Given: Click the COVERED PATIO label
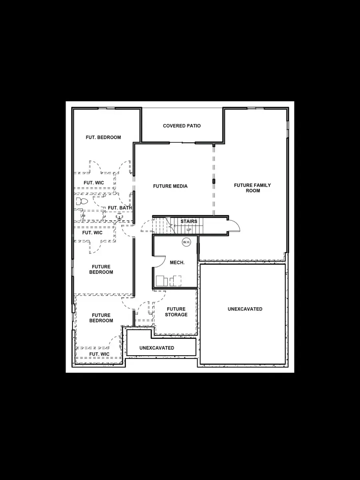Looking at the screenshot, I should click(x=182, y=126).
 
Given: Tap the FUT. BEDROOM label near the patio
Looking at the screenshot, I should click(x=103, y=138).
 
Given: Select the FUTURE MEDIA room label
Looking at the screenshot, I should click(x=170, y=186).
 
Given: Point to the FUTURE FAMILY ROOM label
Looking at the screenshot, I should click(x=252, y=188).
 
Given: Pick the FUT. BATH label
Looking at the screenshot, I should click(x=120, y=208).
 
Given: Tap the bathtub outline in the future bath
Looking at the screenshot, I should click(x=93, y=215).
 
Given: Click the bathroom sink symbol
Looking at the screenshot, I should click(x=119, y=216).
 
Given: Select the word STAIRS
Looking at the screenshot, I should click(x=189, y=222).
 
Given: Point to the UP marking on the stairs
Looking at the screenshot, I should click(x=189, y=230).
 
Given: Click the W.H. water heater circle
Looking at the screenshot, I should click(x=186, y=242).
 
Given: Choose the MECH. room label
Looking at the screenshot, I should click(x=177, y=263).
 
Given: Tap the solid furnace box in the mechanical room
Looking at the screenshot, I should click(x=162, y=281).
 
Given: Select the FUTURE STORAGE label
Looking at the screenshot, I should click(x=176, y=312).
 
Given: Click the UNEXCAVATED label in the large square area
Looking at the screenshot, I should click(x=245, y=309).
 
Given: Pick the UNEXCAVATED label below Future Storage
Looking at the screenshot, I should click(x=157, y=348).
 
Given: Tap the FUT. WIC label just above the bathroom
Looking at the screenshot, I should click(x=94, y=183).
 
